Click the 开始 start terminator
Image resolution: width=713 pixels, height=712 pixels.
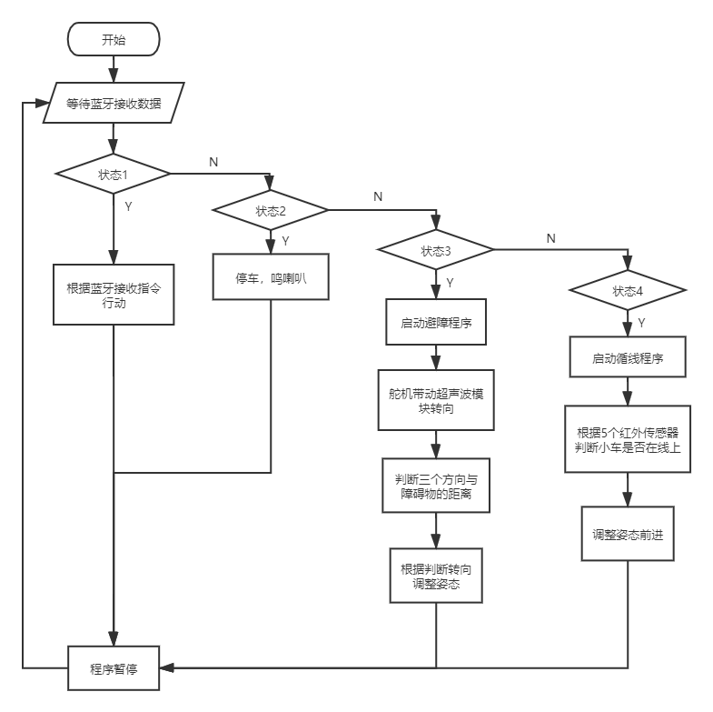coord(114,40)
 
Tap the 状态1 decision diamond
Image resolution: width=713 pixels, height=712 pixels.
coord(114,174)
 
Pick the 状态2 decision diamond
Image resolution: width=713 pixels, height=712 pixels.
coord(270,210)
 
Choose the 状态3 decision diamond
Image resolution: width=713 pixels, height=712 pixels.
coord(435,249)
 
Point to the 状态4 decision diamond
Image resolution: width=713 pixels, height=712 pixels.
coord(628,291)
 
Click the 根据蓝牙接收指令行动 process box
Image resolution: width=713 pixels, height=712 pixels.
coord(114,296)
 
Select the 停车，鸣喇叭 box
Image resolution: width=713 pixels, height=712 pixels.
coord(270,277)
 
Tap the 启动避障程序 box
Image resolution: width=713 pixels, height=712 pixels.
coord(436,322)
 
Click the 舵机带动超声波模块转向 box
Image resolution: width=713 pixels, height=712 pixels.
coord(436,400)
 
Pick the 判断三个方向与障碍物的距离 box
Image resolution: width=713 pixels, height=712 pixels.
coord(436,486)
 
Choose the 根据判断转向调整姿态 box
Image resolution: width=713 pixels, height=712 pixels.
coord(436,575)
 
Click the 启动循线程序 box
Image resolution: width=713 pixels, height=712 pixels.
coord(628,357)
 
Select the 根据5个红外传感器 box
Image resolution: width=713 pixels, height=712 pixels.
coord(628,438)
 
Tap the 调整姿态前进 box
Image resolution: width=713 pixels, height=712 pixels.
coord(628,535)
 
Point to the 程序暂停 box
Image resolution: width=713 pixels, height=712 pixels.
coord(114,668)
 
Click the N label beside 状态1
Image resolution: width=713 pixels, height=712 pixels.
coord(213,161)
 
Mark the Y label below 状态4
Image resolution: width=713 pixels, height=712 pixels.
coord(641,322)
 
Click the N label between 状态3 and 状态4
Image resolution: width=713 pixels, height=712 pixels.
coord(550,237)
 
